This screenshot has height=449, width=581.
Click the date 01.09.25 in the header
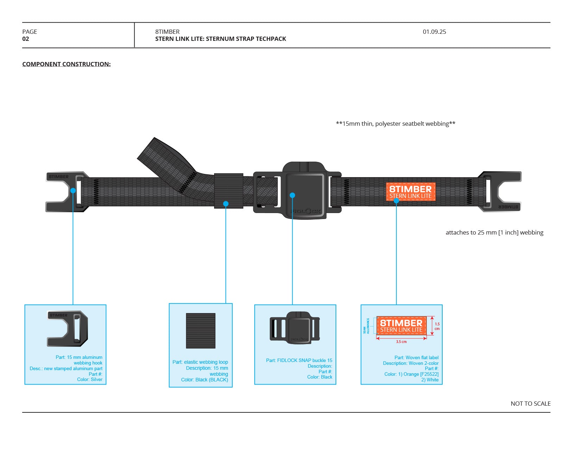(434, 32)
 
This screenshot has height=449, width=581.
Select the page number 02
(26, 39)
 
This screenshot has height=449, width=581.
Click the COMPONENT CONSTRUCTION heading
(66, 64)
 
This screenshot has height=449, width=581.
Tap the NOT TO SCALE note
(530, 404)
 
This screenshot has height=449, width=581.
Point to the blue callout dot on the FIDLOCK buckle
(292, 195)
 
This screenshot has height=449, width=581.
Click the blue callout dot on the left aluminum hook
(73, 191)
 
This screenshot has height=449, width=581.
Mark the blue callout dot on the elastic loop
(226, 204)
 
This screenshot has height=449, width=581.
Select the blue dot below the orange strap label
(396, 201)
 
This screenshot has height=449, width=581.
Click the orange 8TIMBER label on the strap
(411, 192)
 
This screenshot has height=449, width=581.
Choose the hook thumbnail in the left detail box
(67, 328)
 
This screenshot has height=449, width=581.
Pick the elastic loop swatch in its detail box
(200, 331)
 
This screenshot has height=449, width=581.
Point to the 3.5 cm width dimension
(401, 342)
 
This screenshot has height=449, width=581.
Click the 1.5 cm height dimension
(437, 326)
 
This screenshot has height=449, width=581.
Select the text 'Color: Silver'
(90, 380)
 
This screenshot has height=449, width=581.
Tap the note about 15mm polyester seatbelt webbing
(395, 124)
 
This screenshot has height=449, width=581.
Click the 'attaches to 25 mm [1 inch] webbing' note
(494, 232)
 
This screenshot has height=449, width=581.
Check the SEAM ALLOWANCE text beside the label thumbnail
(366, 326)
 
